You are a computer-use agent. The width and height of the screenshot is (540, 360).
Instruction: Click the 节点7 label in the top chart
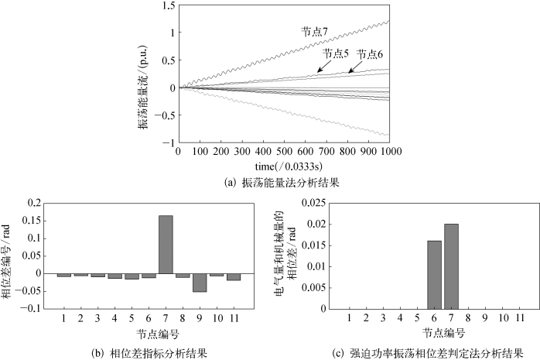click(316, 31)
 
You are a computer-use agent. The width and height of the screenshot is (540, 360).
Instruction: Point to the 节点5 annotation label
click(336, 53)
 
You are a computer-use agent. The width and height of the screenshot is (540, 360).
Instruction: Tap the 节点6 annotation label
click(371, 53)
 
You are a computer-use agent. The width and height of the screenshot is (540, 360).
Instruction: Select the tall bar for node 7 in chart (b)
click(166, 244)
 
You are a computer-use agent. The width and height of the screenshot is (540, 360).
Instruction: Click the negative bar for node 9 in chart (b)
click(200, 282)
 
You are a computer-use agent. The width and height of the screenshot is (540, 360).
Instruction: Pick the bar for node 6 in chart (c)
click(433, 275)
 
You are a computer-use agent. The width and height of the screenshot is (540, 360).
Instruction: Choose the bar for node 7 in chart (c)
click(451, 266)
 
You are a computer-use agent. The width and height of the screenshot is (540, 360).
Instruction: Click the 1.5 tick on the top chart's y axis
click(166, 5)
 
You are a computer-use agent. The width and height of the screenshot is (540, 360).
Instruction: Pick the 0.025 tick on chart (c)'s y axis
click(313, 203)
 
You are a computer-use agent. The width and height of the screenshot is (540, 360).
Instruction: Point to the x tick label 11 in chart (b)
click(234, 318)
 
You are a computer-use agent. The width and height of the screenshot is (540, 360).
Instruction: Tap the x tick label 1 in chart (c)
click(350, 318)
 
